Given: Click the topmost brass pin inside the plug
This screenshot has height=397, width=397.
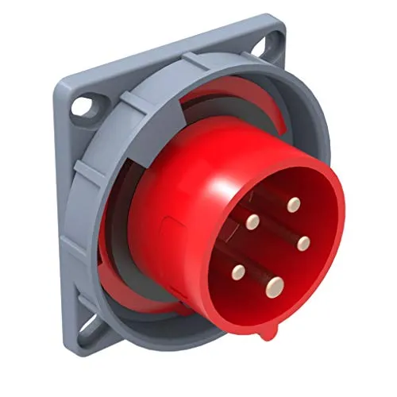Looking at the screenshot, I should pyautogui.click(x=295, y=204).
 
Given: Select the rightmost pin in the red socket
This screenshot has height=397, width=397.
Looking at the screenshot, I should pyautogui.click(x=303, y=243).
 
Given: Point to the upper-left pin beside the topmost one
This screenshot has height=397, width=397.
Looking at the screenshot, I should pyautogui.click(x=253, y=222).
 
